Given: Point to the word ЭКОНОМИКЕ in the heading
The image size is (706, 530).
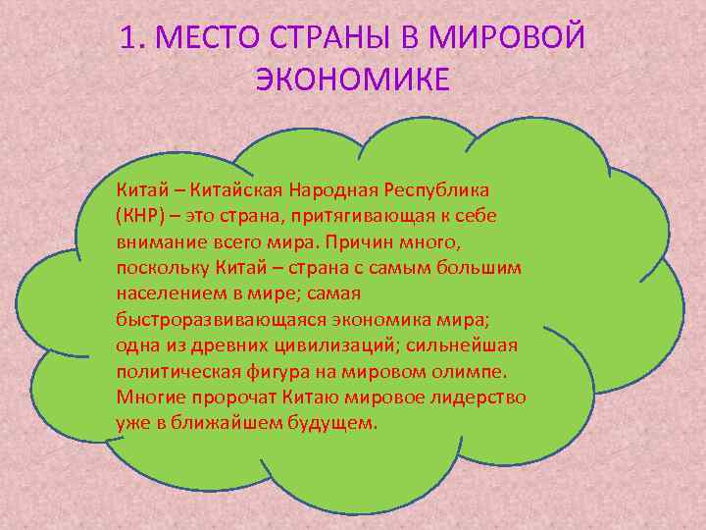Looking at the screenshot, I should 353,79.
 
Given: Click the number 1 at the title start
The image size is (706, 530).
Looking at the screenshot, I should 128,38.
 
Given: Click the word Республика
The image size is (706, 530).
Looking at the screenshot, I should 439,188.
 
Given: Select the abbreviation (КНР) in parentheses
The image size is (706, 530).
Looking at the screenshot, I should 140,215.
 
